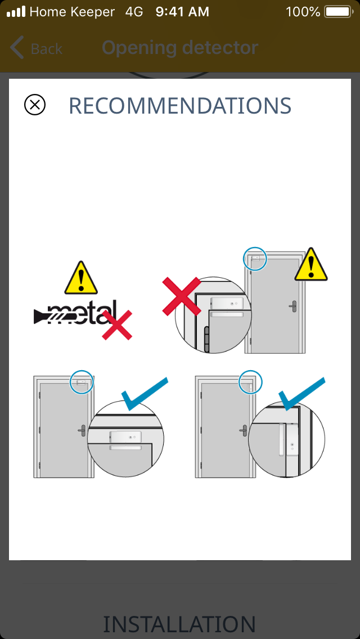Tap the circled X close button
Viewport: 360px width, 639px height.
coord(35,105)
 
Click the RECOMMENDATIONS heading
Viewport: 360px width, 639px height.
coord(180,106)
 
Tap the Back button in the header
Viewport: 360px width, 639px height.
coord(36,48)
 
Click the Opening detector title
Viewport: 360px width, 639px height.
coord(180,48)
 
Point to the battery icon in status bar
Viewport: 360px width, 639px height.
coord(339,12)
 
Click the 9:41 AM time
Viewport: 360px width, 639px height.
coord(182,12)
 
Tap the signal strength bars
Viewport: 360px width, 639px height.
coord(16,12)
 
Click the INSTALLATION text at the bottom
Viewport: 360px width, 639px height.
coord(179,624)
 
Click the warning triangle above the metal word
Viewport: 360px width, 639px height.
coord(81,278)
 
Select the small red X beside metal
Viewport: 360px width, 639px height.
coord(117,325)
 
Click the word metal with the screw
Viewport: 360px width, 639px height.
coord(75,313)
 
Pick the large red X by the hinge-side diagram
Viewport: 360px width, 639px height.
coord(182,296)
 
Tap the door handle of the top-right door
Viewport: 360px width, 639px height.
coord(292,306)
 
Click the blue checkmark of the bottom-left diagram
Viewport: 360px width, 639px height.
coord(145,394)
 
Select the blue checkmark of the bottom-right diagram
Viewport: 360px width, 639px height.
coord(301,394)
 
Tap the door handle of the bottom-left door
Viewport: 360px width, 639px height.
coord(82,430)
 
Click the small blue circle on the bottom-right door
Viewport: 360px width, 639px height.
coord(250,382)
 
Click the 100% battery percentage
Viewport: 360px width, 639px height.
coord(303,12)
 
